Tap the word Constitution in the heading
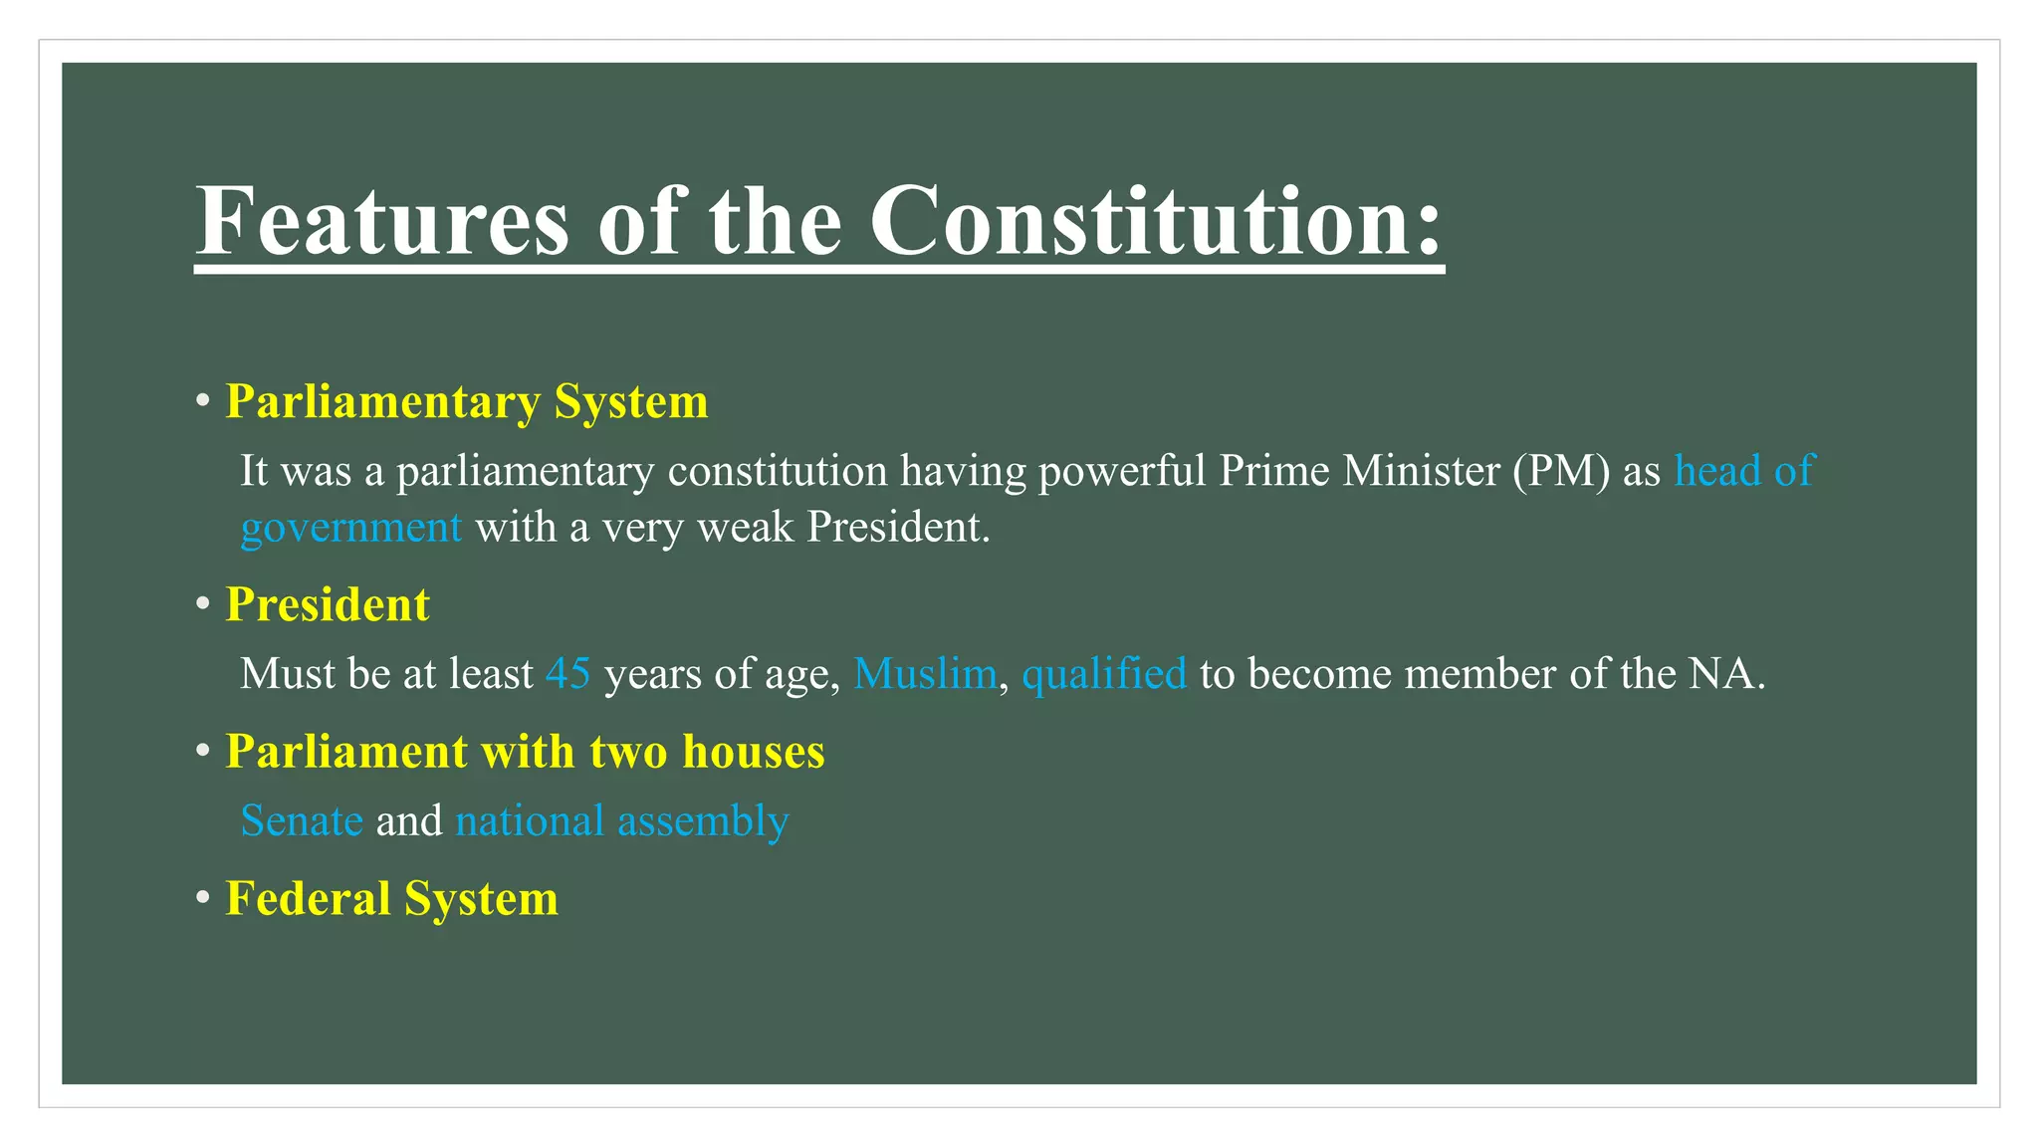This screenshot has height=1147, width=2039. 1156,221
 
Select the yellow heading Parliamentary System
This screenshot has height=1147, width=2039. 466,402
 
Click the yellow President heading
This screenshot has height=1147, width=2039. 328,605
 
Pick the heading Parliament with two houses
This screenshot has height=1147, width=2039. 525,752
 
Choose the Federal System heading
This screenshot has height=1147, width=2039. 391,899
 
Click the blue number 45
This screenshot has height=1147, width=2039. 567,674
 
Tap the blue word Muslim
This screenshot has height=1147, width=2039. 925,674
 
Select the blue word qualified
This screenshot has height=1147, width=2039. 1104,674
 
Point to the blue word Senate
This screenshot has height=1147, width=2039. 302,821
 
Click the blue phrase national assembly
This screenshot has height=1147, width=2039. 622,821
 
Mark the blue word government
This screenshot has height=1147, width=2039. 351,528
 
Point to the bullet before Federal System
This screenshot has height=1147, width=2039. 203,899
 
